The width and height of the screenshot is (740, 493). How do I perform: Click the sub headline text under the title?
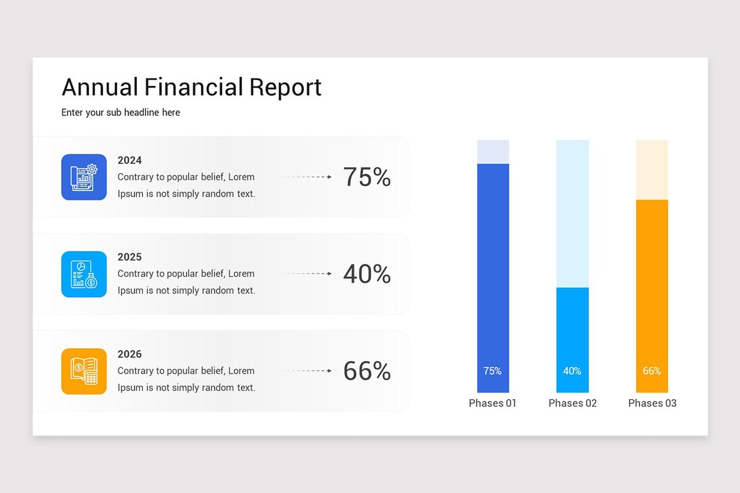(121, 113)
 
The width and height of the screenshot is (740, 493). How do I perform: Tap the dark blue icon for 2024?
(84, 177)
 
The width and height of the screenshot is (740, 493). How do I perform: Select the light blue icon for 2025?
(84, 274)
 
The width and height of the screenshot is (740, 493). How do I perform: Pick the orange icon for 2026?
(84, 371)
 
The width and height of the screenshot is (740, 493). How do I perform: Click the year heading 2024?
(129, 160)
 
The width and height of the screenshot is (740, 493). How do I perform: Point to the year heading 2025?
(129, 257)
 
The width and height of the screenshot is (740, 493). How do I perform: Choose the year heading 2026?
(129, 354)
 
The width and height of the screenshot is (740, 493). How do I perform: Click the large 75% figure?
(367, 177)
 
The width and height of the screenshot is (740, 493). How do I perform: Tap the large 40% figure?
(367, 274)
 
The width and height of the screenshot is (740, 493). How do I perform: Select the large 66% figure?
(367, 372)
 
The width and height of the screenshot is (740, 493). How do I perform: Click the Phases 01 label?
(493, 403)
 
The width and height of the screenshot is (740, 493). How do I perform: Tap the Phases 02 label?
(572, 403)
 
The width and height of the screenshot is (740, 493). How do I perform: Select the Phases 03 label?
(652, 403)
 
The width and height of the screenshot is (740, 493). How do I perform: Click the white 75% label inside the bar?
(493, 371)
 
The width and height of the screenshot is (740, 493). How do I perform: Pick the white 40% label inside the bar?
(572, 371)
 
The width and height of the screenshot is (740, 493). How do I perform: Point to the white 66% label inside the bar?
(652, 371)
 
